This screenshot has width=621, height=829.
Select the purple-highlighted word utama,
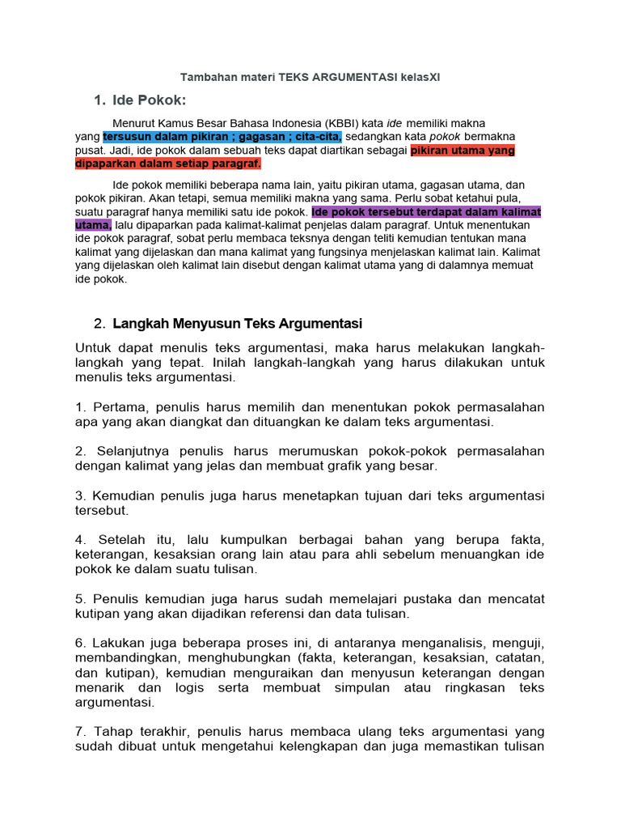point(93,225)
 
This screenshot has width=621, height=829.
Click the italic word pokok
point(444,136)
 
